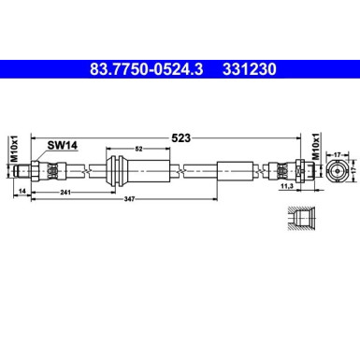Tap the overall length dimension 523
[x=180, y=137]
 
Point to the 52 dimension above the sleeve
[x=138, y=149]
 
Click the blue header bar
[x=180, y=67]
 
